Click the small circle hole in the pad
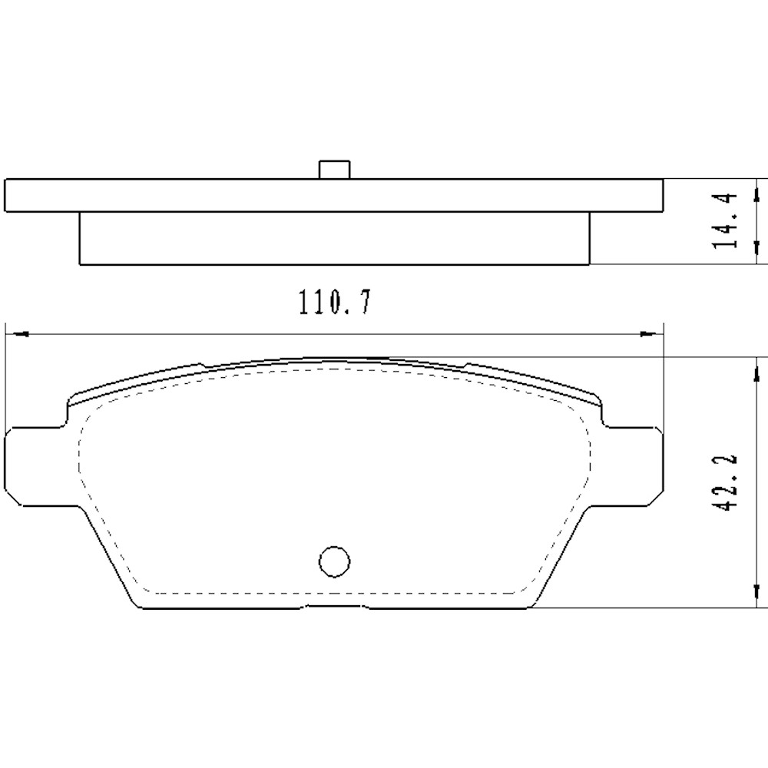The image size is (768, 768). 334,561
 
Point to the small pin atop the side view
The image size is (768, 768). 334,170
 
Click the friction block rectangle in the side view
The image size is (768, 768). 334,239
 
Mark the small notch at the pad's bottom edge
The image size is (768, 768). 335,606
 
